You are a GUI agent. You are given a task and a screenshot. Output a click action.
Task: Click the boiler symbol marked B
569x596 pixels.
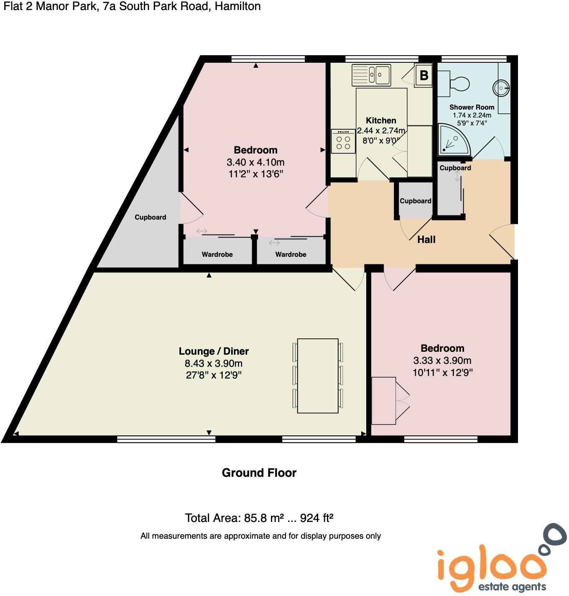pyautogui.click(x=424, y=75)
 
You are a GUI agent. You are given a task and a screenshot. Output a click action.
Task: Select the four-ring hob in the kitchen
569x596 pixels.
pyautogui.click(x=343, y=141)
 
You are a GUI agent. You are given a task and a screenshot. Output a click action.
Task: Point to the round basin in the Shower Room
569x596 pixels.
pyautogui.click(x=501, y=88)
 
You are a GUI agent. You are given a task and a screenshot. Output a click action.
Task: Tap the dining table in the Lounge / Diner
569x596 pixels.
pyautogui.click(x=318, y=376)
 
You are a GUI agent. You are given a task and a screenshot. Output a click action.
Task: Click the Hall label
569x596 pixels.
pyautogui.click(x=426, y=240)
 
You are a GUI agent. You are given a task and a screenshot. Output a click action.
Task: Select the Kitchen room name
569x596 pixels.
pyautogui.click(x=381, y=120)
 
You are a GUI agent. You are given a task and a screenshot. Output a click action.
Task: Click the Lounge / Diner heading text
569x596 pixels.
pyautogui.click(x=214, y=351)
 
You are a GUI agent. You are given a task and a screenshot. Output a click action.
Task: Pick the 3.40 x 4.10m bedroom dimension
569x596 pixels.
pyautogui.click(x=255, y=162)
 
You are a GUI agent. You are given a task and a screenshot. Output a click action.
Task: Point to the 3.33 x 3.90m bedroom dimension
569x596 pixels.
pyautogui.click(x=442, y=361)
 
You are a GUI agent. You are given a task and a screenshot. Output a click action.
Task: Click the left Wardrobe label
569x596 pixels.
pyautogui.click(x=217, y=254)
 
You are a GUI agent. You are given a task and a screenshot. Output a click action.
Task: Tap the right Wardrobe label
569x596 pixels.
pyautogui.click(x=291, y=254)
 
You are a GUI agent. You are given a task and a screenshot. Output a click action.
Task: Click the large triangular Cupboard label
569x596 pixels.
pyautogui.click(x=150, y=217)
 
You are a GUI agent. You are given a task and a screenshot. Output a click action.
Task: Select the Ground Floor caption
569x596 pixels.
pyautogui.click(x=259, y=473)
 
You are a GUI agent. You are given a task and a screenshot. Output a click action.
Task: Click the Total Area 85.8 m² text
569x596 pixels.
pyautogui.click(x=259, y=518)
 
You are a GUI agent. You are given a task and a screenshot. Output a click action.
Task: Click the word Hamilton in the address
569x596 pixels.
pyautogui.click(x=237, y=6)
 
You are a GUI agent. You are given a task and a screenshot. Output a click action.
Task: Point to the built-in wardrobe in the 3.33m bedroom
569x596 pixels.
pyautogui.click(x=384, y=400)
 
